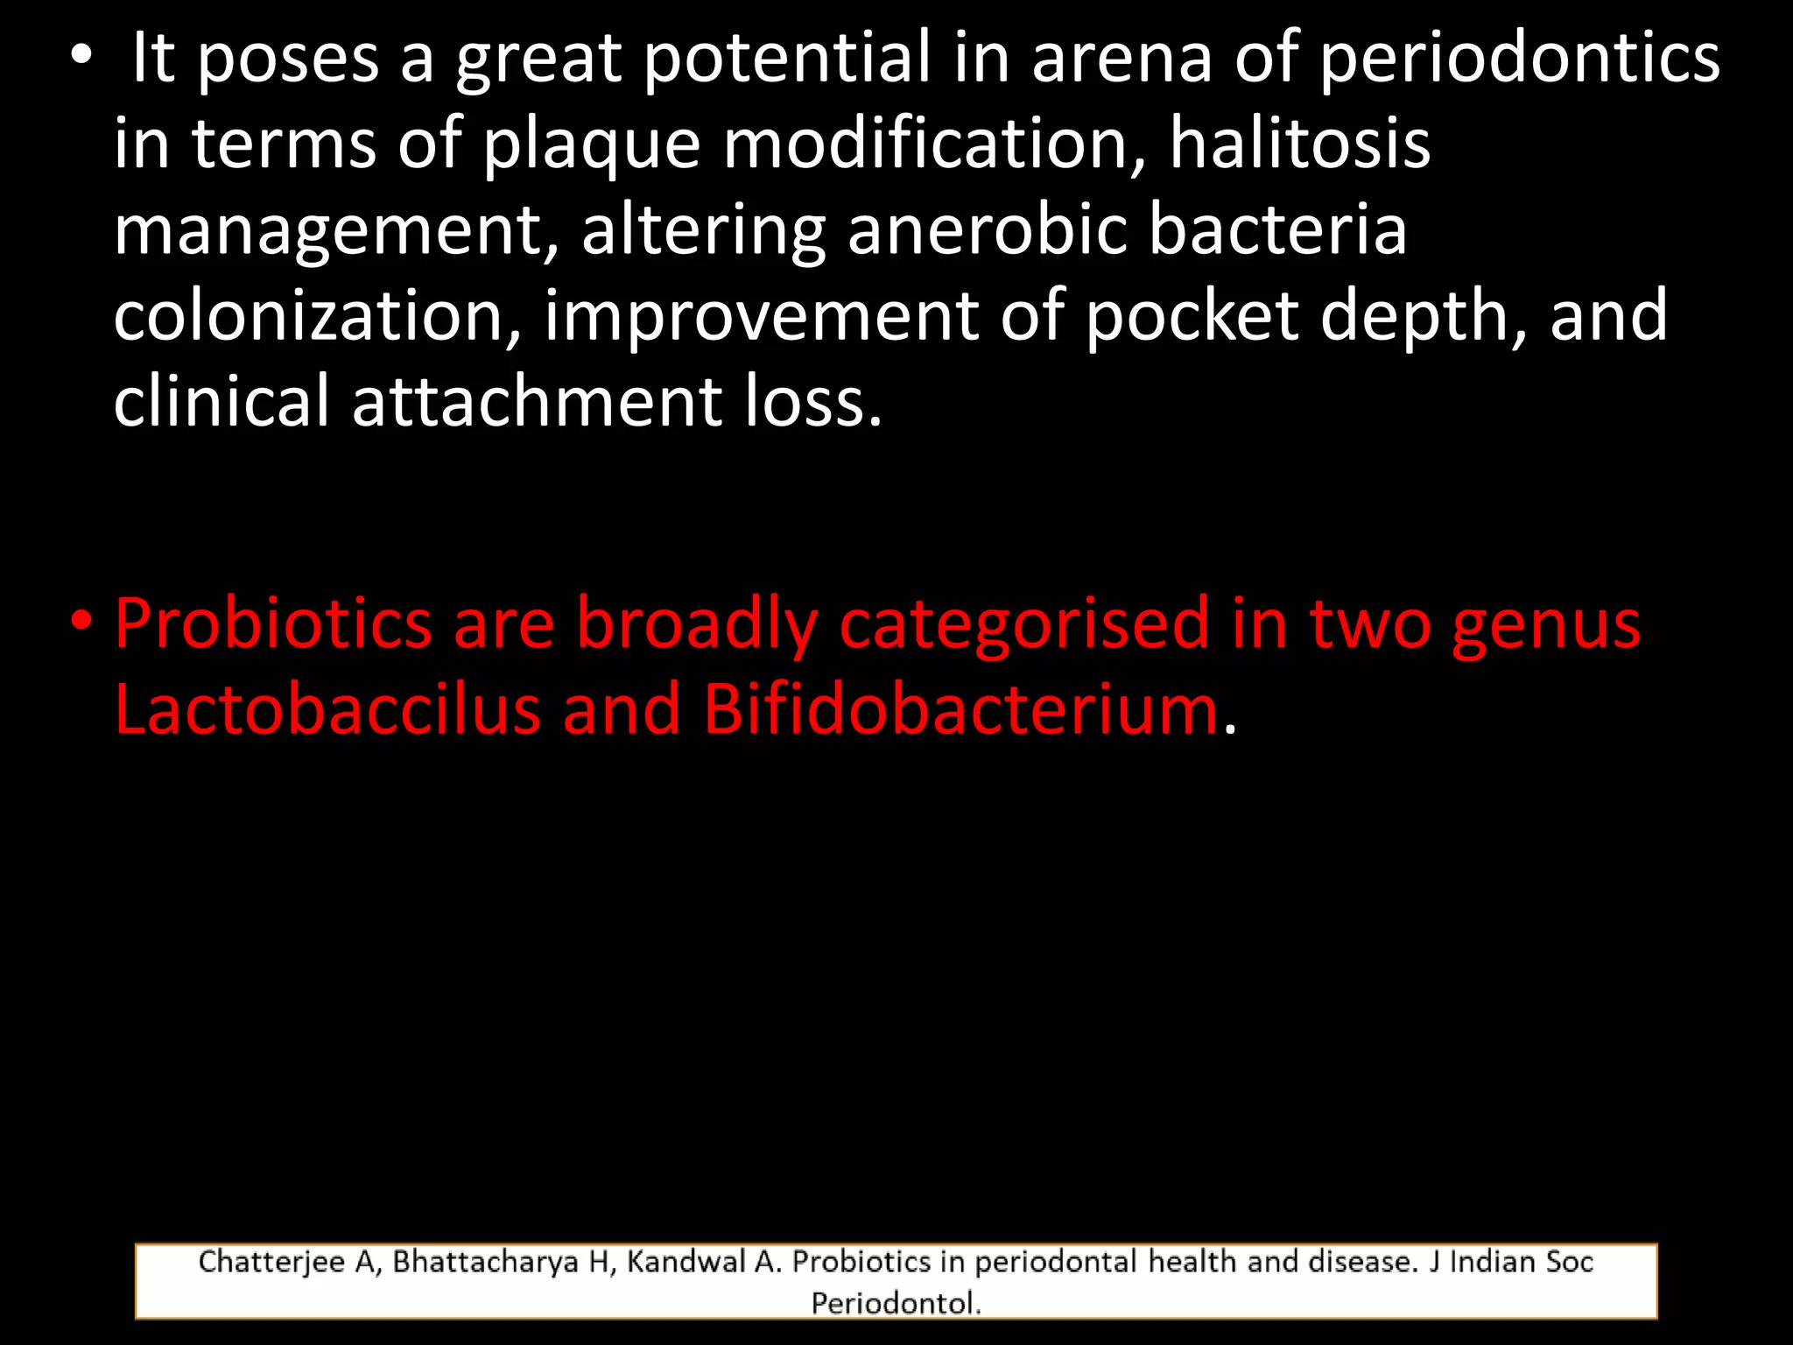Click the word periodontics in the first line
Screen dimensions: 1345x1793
point(1519,60)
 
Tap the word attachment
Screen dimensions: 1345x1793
point(538,401)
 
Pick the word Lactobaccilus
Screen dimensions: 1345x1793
point(327,709)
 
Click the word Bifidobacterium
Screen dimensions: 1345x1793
point(960,709)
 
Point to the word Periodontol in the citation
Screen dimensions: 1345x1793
point(893,1303)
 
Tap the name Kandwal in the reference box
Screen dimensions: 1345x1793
point(686,1262)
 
